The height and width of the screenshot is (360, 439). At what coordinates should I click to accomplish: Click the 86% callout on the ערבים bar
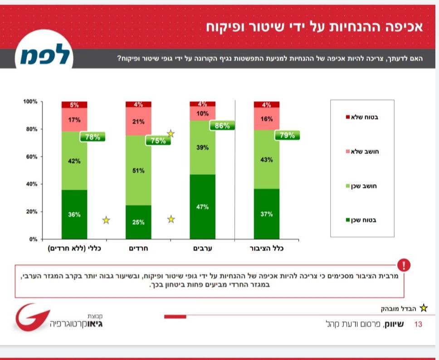222,126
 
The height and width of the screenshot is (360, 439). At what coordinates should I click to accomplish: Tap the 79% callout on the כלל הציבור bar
287,135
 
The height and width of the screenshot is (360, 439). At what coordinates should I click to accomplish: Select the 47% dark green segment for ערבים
203,207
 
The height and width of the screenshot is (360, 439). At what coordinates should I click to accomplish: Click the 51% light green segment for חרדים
139,170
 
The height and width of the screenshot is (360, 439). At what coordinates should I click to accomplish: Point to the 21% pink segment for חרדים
139,122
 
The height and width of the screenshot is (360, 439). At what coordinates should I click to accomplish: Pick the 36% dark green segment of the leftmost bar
74,214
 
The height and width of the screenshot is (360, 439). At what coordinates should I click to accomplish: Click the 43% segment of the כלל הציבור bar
267,160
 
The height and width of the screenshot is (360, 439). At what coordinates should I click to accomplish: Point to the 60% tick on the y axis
31,157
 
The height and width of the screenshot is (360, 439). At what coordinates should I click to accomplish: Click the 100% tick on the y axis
30,102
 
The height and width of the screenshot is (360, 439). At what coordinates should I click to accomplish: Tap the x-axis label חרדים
139,249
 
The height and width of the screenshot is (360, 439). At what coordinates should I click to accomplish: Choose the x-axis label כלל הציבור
267,249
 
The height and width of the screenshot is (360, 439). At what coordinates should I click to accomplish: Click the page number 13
418,324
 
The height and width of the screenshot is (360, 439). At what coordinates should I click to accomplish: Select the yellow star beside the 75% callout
171,133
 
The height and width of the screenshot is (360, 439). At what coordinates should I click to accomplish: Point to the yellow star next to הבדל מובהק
424,308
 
